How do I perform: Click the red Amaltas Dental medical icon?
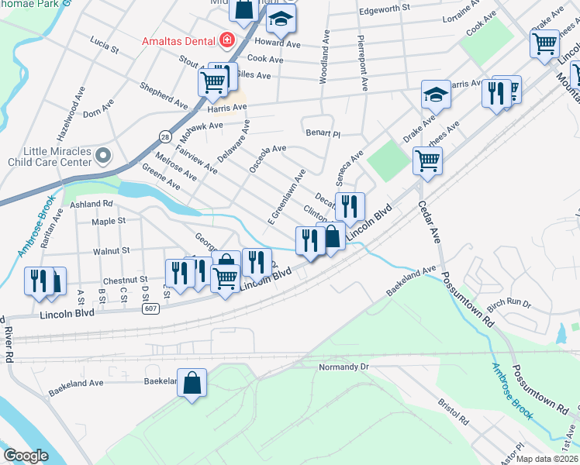coord(226,40)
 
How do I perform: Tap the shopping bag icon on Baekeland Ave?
coord(192,382)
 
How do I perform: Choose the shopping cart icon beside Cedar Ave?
coord(427,161)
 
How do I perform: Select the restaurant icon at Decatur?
coord(350,206)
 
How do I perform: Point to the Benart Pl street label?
coord(323,133)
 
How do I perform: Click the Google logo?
coord(26,456)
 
